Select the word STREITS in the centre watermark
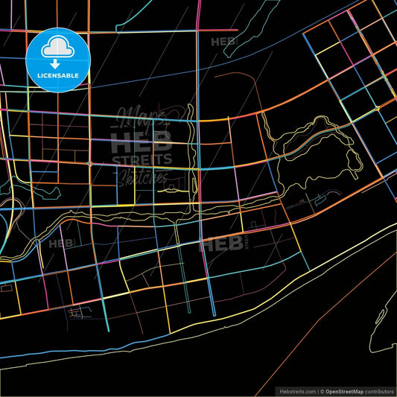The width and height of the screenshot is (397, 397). point(142,159)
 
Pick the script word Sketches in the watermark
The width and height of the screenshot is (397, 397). point(142,176)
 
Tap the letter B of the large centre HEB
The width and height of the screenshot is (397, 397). point(163,140)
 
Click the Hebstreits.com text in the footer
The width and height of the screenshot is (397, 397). point(296,391)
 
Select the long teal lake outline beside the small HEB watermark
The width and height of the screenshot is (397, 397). point(246,30)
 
